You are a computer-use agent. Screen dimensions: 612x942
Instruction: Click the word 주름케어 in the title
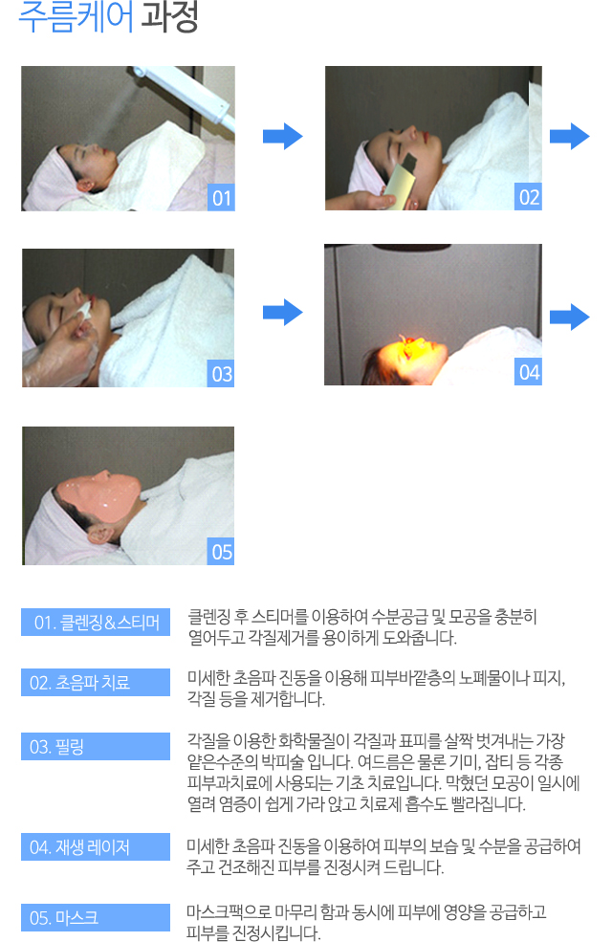76,16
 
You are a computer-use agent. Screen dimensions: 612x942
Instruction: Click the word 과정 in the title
169,16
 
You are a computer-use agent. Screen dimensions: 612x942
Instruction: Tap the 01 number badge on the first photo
222,198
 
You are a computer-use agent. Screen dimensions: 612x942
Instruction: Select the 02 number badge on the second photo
529,197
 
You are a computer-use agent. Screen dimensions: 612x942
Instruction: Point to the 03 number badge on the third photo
221,374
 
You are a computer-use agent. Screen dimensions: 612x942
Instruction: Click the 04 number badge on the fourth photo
529,372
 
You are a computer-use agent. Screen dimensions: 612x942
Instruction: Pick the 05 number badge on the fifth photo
221,552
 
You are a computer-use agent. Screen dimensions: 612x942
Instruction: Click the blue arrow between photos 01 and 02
283,137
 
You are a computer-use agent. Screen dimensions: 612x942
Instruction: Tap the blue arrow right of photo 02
569,137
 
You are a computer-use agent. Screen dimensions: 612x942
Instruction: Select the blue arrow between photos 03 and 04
283,313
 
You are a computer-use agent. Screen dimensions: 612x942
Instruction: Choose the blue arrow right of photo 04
569,317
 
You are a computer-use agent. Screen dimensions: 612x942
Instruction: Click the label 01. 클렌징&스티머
96,622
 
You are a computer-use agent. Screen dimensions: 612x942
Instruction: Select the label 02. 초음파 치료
96,682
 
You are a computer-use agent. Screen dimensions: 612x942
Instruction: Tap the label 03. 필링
96,746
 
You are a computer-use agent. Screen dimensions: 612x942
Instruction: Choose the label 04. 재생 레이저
96,846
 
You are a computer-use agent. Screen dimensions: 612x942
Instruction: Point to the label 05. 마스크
96,917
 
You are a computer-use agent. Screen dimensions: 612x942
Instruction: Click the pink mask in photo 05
99,497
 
